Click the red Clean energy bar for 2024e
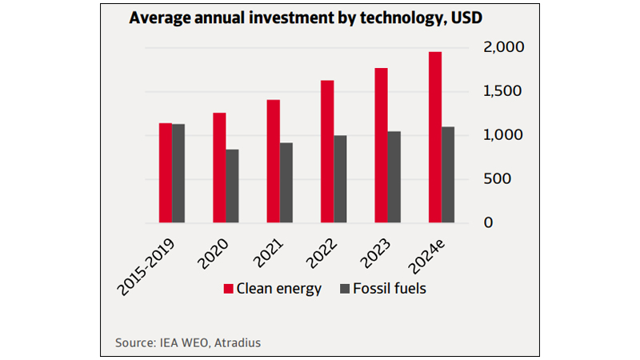434,137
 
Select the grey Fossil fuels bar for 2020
232,186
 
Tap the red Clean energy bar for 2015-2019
165,173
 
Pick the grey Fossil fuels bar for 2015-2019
178,173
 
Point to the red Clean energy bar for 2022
326,151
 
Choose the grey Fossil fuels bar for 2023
394,177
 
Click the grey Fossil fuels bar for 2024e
448,174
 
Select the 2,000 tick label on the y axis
502,48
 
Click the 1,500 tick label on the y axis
502,92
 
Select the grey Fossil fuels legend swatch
345,289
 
